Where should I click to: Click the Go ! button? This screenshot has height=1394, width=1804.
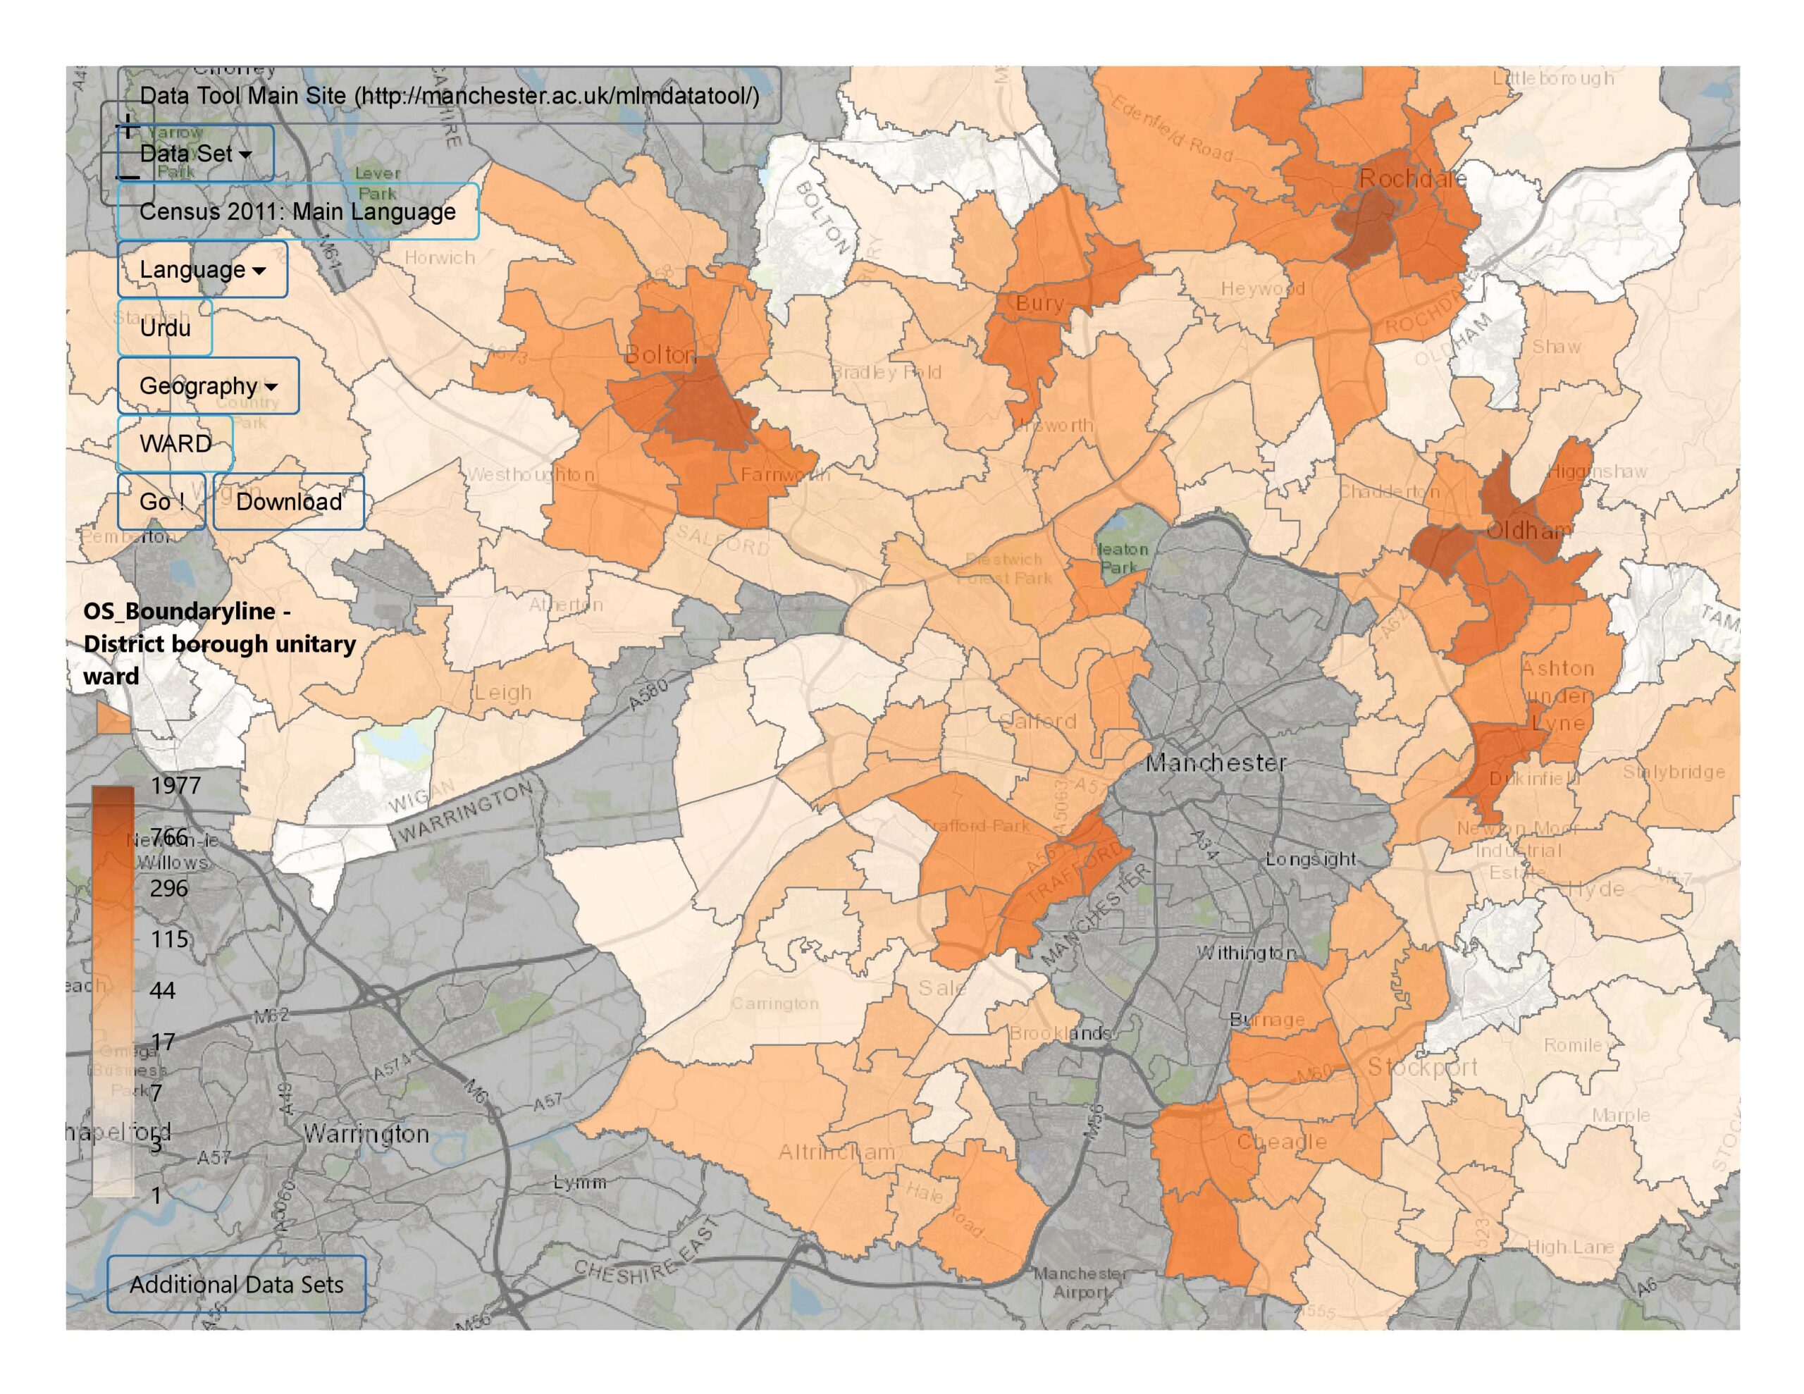[x=161, y=502]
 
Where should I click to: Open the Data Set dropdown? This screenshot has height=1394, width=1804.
[x=195, y=154]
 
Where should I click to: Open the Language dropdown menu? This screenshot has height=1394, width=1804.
[x=202, y=269]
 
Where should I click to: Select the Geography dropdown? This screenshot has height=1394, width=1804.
[x=208, y=386]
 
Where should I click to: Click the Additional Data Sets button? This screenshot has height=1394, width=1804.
[x=236, y=1284]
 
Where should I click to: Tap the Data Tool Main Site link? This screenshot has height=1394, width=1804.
[x=448, y=96]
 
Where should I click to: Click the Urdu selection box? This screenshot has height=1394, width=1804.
[x=165, y=328]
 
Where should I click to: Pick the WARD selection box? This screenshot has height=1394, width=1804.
[x=175, y=444]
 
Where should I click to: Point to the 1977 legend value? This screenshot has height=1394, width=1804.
[x=175, y=785]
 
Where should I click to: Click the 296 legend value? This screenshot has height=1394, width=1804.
[x=168, y=888]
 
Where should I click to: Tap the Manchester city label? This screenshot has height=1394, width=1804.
[x=1215, y=763]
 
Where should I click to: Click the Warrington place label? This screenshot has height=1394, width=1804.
[x=366, y=1134]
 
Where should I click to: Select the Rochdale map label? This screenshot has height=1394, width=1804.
[x=1411, y=178]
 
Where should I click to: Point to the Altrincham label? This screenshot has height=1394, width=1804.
[x=836, y=1152]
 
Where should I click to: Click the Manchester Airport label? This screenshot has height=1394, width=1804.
[x=1080, y=1283]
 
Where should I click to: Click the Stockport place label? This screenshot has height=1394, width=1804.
[x=1422, y=1067]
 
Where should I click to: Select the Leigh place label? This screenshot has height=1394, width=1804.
[x=502, y=693]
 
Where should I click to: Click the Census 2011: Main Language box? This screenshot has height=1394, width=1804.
[x=297, y=211]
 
